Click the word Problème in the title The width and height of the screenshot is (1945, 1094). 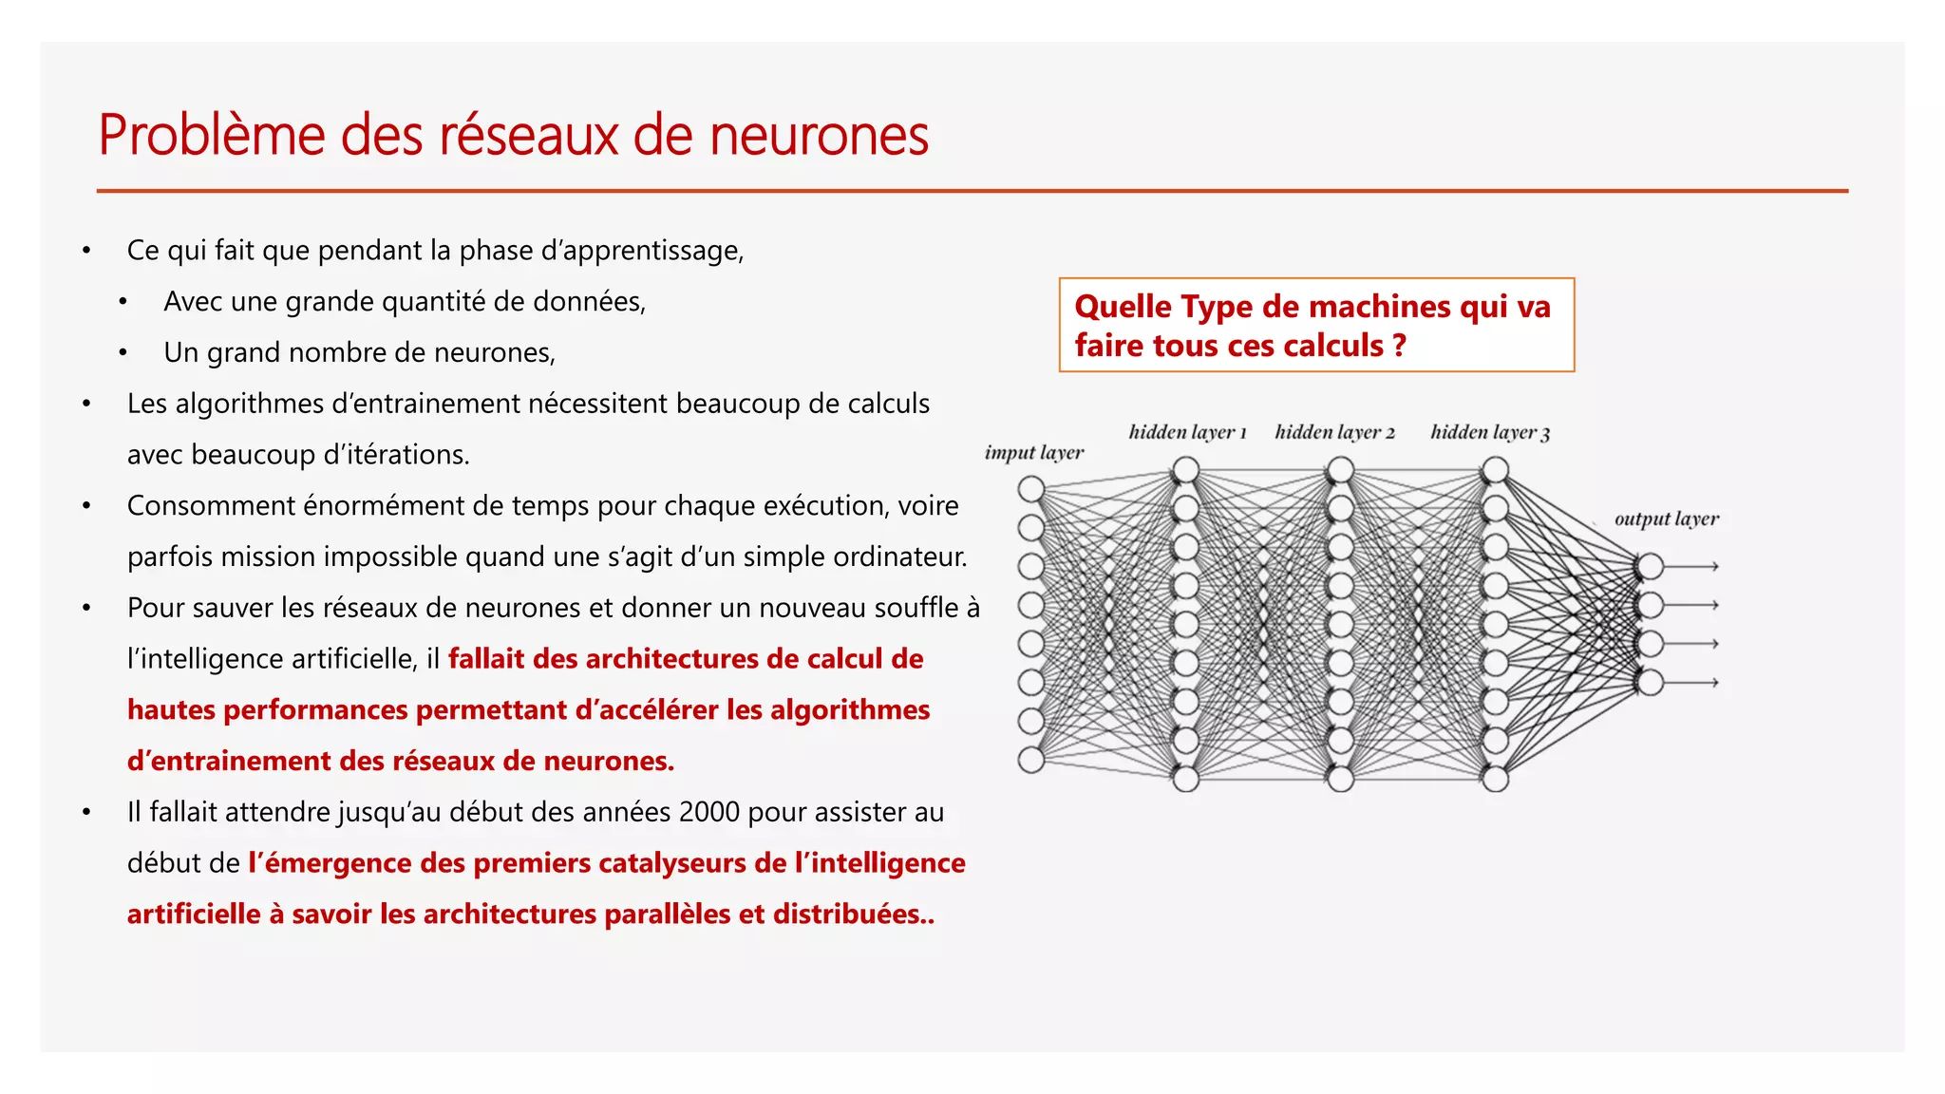tap(212, 135)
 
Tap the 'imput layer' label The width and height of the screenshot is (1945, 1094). tap(1033, 453)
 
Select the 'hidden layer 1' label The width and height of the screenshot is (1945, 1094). tap(1187, 432)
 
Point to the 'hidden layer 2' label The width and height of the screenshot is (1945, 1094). tap(1334, 432)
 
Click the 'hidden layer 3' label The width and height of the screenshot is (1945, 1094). tap(1490, 432)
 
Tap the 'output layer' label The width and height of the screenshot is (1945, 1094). tap(1666, 519)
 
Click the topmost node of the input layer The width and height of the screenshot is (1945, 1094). tap(1030, 489)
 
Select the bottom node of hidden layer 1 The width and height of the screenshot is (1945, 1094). tap(1185, 779)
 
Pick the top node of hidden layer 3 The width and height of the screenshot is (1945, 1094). tap(1495, 469)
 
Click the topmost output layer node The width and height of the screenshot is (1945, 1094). tap(1650, 567)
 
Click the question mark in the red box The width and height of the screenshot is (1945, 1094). tap(1399, 346)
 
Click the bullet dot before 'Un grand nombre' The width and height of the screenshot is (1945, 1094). tap(123, 353)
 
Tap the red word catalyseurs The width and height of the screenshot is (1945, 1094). tap(672, 863)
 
